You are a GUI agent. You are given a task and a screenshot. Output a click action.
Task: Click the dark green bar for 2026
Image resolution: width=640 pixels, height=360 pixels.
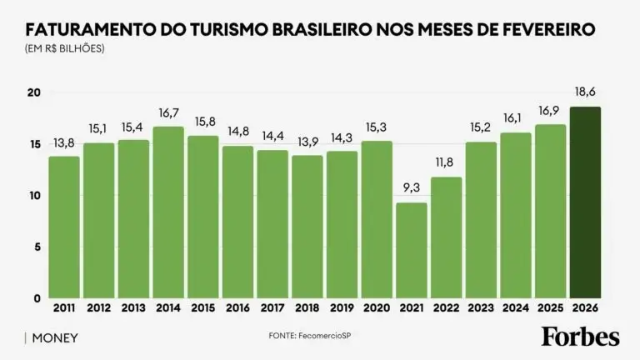click(585, 202)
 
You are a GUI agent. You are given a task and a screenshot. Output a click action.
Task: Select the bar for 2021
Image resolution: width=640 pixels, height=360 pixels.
click(411, 250)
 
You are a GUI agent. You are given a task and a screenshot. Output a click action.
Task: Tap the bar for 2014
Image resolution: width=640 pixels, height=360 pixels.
click(168, 212)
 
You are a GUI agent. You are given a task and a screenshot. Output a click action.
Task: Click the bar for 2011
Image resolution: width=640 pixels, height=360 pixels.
click(64, 227)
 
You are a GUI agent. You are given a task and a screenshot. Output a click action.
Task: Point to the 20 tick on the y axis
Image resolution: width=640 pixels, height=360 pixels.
click(33, 92)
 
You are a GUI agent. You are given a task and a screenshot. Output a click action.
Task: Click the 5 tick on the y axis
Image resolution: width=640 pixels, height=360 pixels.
click(37, 247)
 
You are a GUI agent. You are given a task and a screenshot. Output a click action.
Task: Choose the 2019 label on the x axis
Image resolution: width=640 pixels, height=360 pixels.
click(342, 308)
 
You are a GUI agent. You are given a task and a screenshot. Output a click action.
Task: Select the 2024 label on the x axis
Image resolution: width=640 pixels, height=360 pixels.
click(515, 308)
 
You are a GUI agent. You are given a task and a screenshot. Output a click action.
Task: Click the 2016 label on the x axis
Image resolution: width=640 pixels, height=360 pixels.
click(237, 308)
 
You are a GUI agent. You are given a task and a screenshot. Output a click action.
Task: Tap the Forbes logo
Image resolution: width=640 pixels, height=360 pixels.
click(581, 337)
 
